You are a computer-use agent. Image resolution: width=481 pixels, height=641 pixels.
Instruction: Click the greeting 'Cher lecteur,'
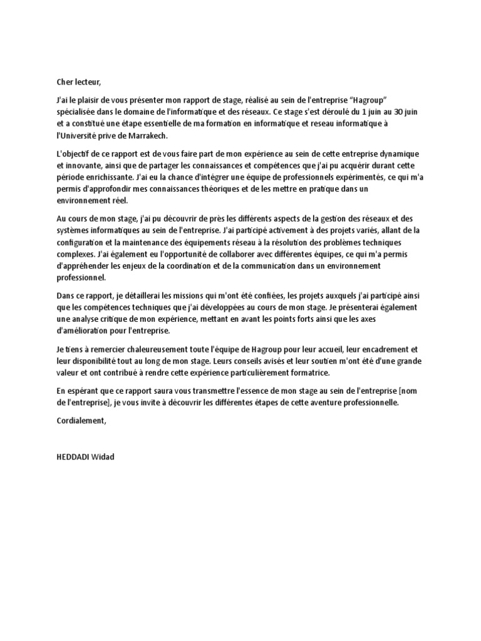[78, 81]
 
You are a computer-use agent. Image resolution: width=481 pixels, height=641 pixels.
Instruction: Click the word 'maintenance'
[152, 243]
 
